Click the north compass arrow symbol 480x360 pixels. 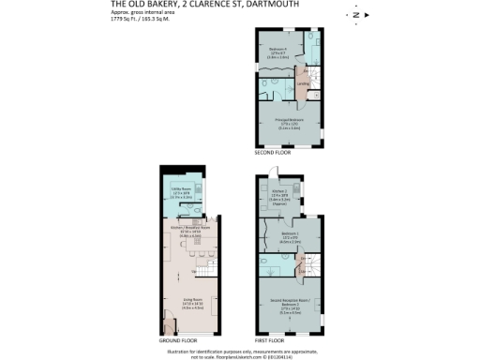point(355,14)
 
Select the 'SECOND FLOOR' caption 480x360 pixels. point(270,151)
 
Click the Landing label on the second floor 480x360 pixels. point(303,84)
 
